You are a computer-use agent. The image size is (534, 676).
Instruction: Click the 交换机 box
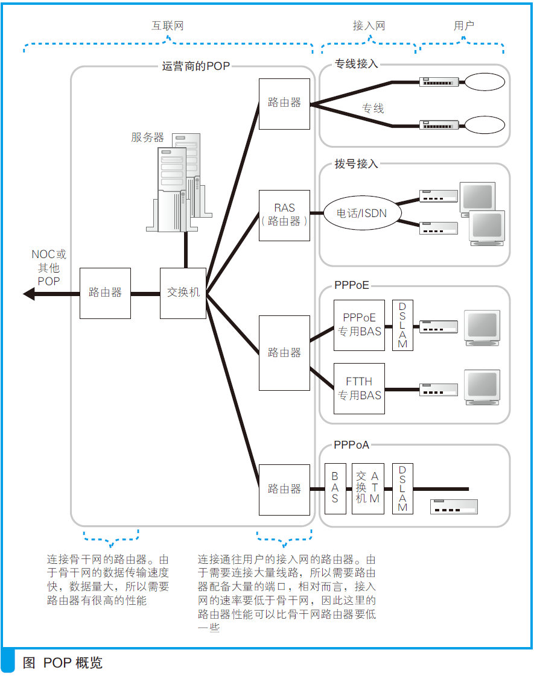point(183,294)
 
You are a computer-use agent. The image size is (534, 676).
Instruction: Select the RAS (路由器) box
point(284,215)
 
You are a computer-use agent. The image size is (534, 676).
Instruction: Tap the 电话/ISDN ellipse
point(361,213)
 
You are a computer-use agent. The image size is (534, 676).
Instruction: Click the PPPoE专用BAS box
point(359,325)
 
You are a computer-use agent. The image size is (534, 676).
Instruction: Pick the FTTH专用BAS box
point(359,388)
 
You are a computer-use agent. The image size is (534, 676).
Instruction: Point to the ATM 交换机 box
point(368,488)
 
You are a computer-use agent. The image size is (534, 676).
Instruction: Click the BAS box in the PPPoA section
point(334,488)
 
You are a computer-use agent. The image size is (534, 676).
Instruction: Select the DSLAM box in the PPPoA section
point(402,488)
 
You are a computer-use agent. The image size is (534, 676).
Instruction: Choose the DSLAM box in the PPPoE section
point(402,325)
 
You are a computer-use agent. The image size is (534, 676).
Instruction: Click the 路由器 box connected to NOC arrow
point(105,293)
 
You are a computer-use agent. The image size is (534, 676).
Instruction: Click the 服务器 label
point(147,137)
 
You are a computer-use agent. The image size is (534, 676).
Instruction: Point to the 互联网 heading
point(167,26)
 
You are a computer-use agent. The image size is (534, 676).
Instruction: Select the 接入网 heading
point(369,26)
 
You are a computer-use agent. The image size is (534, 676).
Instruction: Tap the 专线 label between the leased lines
point(373,109)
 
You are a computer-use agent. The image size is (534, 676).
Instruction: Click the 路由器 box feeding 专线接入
point(284,103)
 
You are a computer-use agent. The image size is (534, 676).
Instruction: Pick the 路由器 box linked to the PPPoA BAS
point(284,489)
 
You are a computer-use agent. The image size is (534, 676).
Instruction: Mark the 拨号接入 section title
point(356,163)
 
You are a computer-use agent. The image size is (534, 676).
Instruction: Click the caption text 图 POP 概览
point(63,663)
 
